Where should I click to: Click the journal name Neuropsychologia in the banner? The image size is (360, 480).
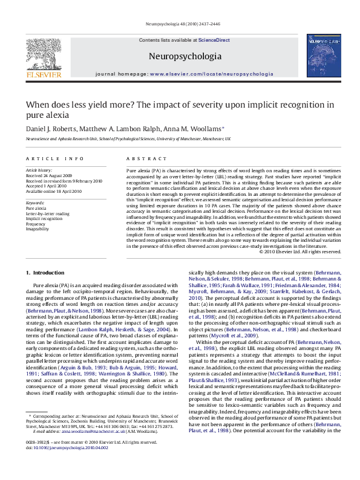coord(180,56)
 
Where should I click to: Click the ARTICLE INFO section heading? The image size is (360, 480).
coord(55,158)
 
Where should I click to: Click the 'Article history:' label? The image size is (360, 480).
coord(39,171)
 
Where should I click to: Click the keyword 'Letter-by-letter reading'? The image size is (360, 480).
coord(48,213)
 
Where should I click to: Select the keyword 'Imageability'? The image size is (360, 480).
coord(38,229)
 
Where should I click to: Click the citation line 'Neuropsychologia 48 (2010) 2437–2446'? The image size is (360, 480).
coord(180,25)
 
